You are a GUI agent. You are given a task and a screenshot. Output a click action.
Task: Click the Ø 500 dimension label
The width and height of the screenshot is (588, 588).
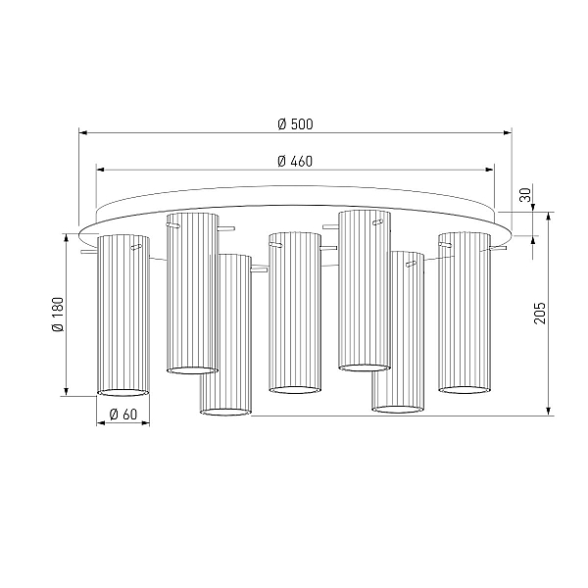[295, 124]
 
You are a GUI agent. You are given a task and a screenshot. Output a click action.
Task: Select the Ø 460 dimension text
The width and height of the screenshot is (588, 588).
[295, 162]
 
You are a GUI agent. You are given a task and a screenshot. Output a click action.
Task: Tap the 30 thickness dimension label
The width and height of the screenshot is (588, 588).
[525, 195]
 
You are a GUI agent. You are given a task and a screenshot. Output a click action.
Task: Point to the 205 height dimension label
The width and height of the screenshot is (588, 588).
[540, 313]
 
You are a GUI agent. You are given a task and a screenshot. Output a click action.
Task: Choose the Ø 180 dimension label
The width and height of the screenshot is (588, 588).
[58, 315]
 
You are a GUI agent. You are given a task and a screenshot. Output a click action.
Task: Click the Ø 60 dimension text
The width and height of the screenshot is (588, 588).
[123, 415]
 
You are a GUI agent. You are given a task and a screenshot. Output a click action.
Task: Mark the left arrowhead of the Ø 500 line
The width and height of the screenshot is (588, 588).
[83, 132]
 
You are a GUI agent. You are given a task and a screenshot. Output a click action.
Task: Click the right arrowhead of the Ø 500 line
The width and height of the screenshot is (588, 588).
[508, 132]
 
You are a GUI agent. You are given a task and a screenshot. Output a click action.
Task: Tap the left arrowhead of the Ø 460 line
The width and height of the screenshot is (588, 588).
[100, 170]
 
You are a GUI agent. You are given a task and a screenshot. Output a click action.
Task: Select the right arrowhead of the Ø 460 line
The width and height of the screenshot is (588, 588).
[490, 170]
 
